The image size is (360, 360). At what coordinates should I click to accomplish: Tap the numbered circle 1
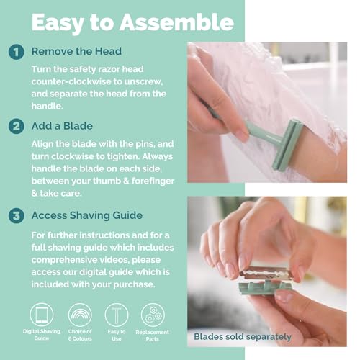tap(17, 52)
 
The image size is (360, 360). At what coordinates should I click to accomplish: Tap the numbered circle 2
tap(17, 126)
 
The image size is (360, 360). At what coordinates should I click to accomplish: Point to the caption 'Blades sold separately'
tap(243, 336)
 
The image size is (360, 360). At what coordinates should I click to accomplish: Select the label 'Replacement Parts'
tap(152, 336)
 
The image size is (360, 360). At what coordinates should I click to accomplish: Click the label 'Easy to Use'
tap(116, 335)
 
